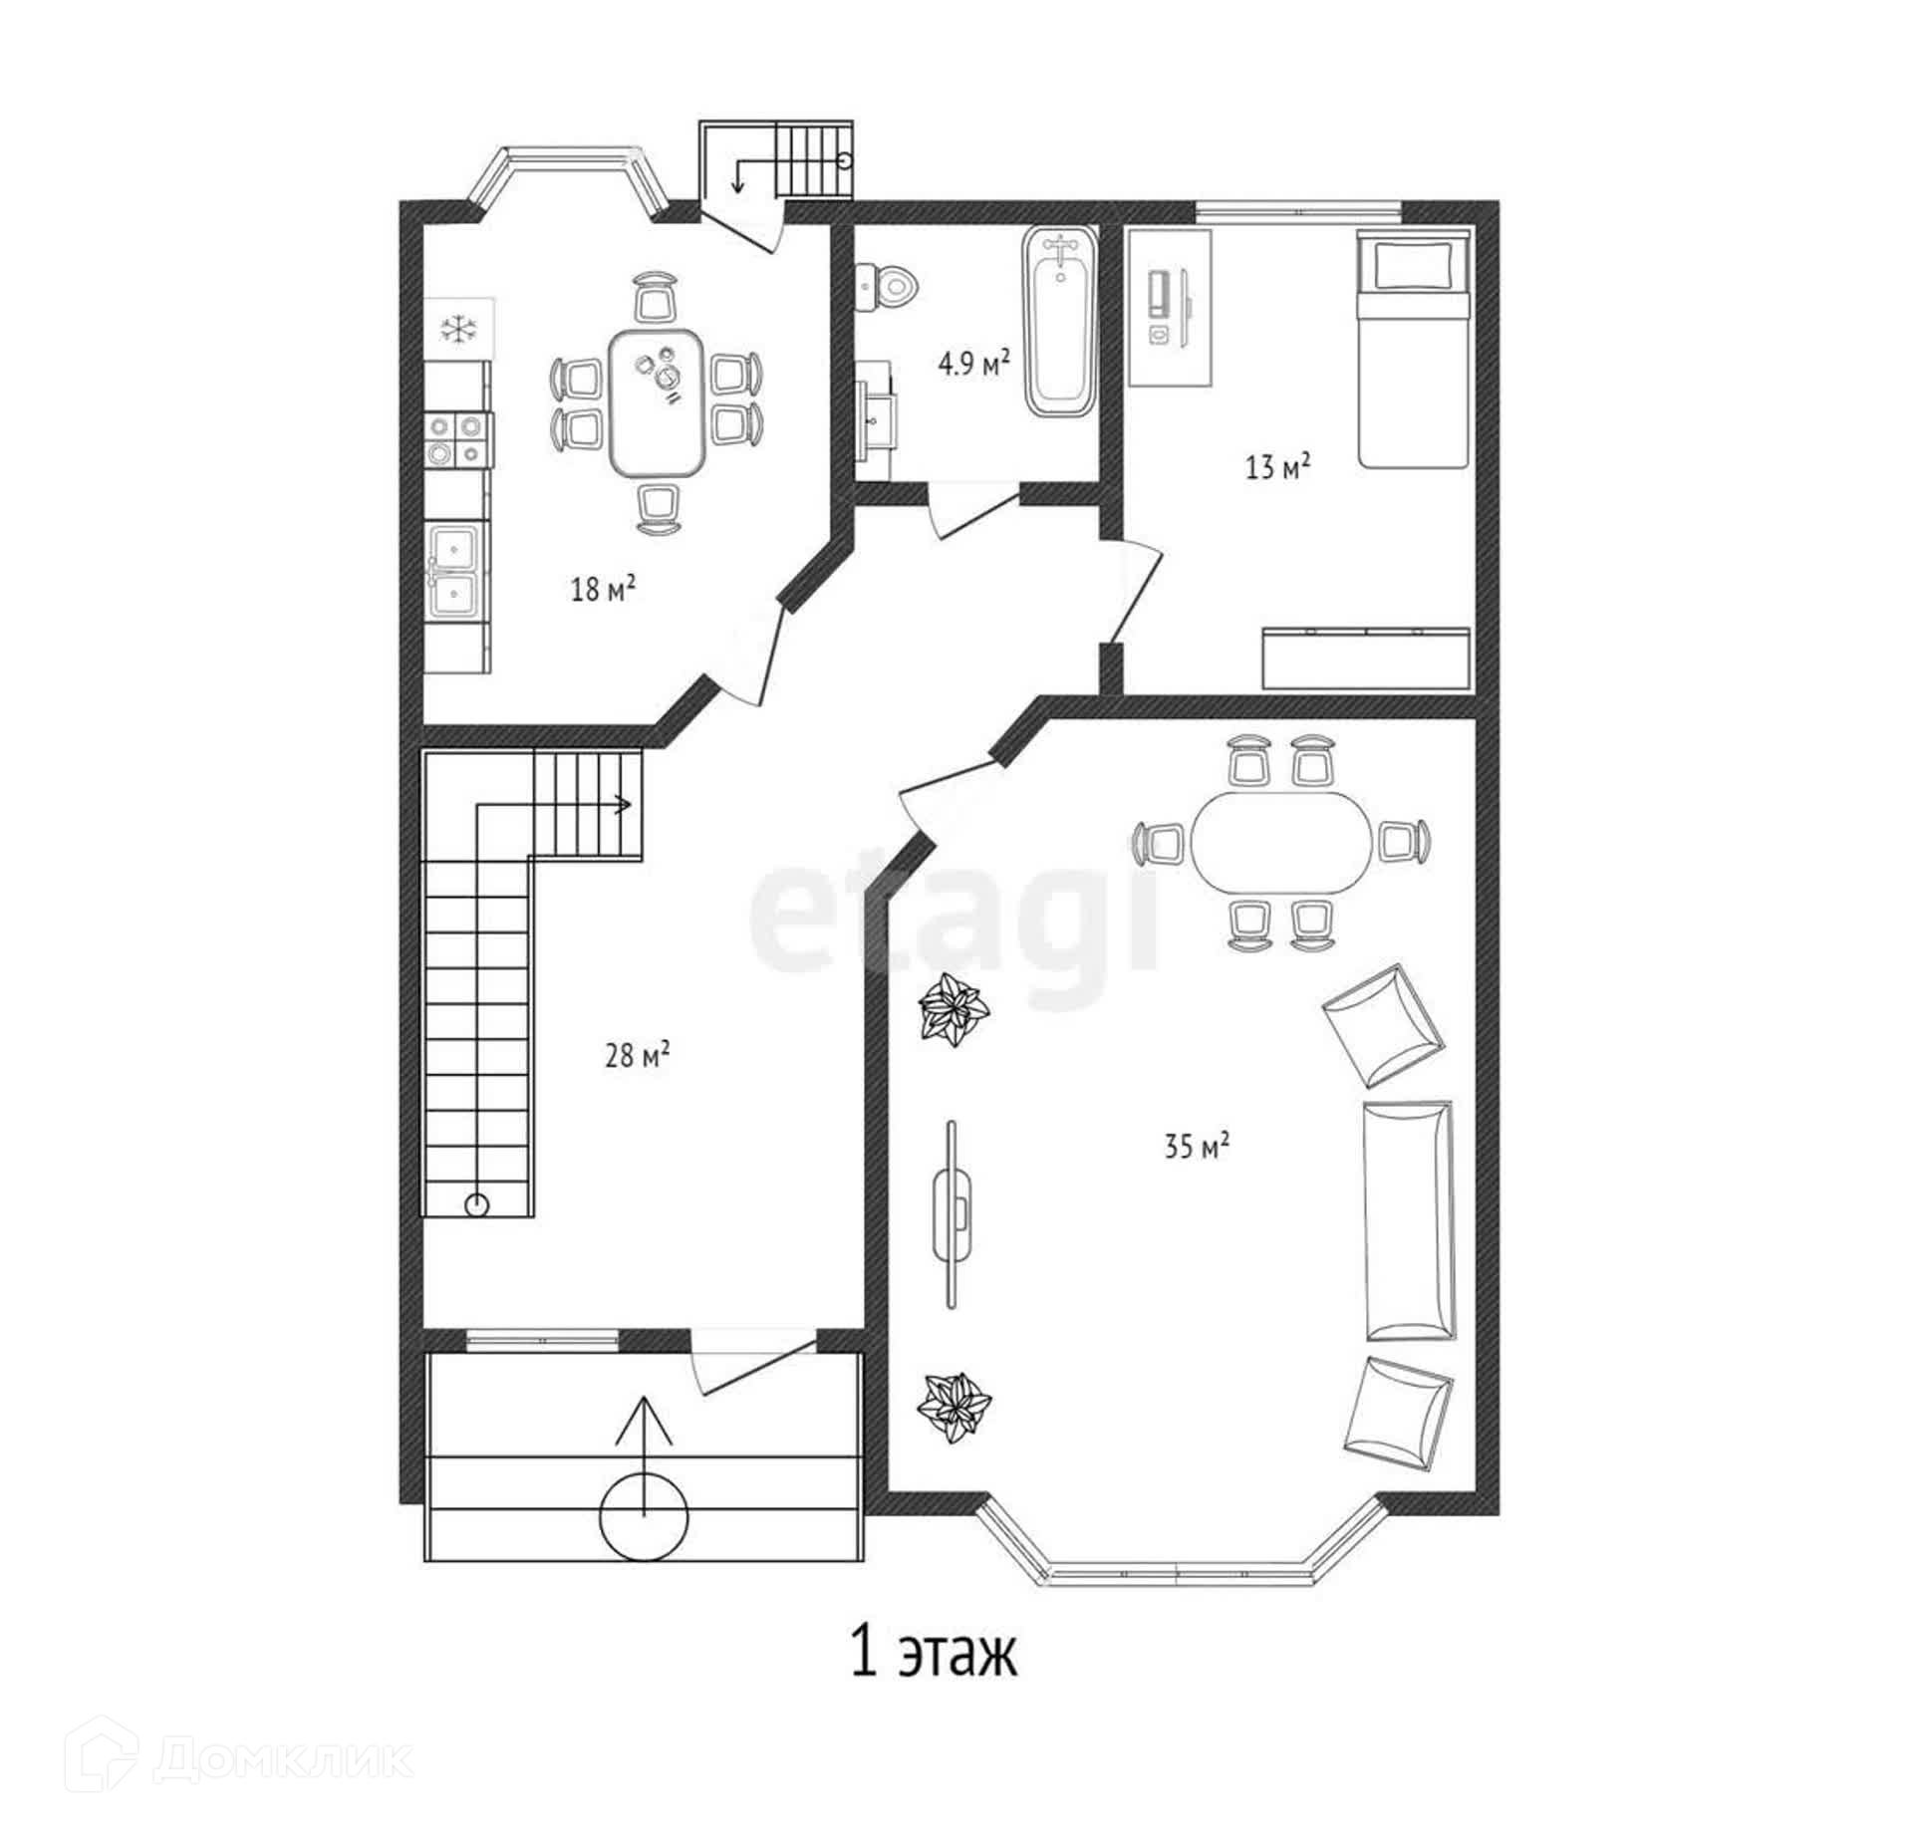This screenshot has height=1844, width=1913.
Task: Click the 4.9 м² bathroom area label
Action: pyautogui.click(x=973, y=363)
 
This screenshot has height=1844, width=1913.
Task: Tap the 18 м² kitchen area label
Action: pyautogui.click(x=603, y=589)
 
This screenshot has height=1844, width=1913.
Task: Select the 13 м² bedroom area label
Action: pyautogui.click(x=1277, y=465)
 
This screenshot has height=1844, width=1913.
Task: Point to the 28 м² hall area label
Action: pyautogui.click(x=637, y=1054)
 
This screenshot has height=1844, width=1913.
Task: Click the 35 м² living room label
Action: pyautogui.click(x=1197, y=1146)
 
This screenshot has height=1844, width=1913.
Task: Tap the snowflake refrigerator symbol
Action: pyautogui.click(x=458, y=330)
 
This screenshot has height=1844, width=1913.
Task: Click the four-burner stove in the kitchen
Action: pyautogui.click(x=457, y=439)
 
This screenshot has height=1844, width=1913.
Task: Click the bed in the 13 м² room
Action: pyautogui.click(x=1413, y=349)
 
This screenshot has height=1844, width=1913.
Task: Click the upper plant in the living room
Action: pyautogui.click(x=953, y=1010)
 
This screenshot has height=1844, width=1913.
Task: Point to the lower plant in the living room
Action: pyautogui.click(x=953, y=1406)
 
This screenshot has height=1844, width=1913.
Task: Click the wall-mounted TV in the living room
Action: pyautogui.click(x=953, y=1212)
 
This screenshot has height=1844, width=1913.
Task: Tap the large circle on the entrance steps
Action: pyautogui.click(x=644, y=1517)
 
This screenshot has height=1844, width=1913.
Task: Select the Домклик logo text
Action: pyautogui.click(x=284, y=1759)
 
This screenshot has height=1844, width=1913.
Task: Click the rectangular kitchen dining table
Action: pyautogui.click(x=658, y=401)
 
